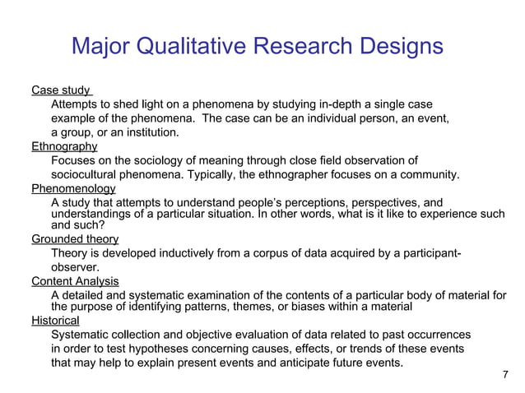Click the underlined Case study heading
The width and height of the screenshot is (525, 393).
coord(60,90)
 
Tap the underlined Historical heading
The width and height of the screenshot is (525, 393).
coord(55,321)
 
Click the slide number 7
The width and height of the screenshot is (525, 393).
coord(504,375)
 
